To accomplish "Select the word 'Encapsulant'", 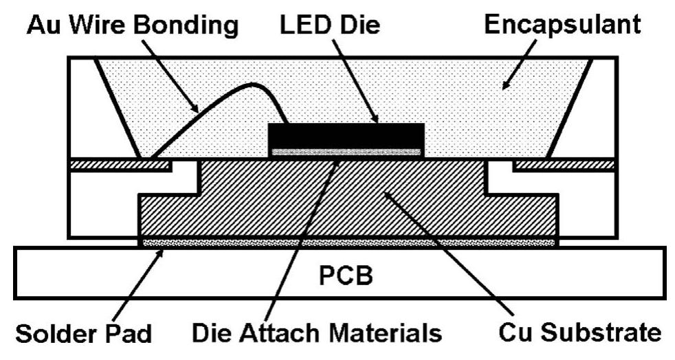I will coord(562,25).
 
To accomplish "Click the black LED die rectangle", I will coord(346,135).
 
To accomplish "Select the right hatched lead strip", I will coord(564,165).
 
